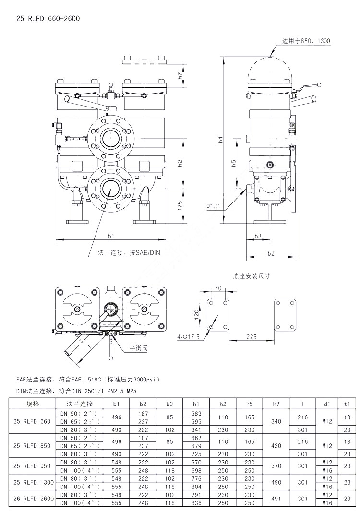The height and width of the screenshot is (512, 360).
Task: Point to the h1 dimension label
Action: point(220,140)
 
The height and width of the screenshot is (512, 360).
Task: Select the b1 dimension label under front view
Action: point(111,236)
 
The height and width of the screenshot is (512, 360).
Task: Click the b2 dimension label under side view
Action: point(271,253)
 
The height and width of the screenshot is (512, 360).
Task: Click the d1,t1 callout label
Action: point(214,206)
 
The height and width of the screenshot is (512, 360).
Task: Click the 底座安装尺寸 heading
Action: point(252,276)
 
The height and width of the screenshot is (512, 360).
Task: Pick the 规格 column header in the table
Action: point(33,404)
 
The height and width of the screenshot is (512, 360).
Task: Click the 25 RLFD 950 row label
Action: point(32,465)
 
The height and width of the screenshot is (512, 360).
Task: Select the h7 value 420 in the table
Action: point(276,446)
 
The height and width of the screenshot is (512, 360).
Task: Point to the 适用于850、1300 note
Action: point(306,42)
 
